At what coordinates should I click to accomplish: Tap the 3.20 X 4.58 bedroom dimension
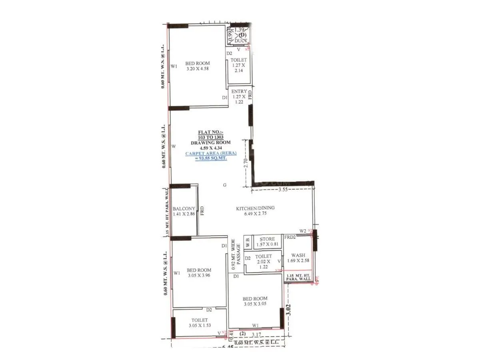198,69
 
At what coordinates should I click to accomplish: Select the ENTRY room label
239,91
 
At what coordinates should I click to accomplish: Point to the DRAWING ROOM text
211,142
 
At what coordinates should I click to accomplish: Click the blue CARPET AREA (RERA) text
211,153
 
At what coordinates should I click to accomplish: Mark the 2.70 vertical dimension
246,163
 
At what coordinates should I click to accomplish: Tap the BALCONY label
184,209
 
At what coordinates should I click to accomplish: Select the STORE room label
267,239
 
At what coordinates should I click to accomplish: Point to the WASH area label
298,256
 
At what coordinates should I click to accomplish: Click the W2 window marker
303,231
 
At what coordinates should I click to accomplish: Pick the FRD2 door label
290,237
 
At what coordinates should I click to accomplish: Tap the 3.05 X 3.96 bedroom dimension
199,276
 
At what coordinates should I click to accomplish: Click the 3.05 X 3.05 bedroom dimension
255,304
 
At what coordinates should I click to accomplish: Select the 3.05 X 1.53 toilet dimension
199,326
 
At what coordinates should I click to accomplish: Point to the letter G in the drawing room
225,185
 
